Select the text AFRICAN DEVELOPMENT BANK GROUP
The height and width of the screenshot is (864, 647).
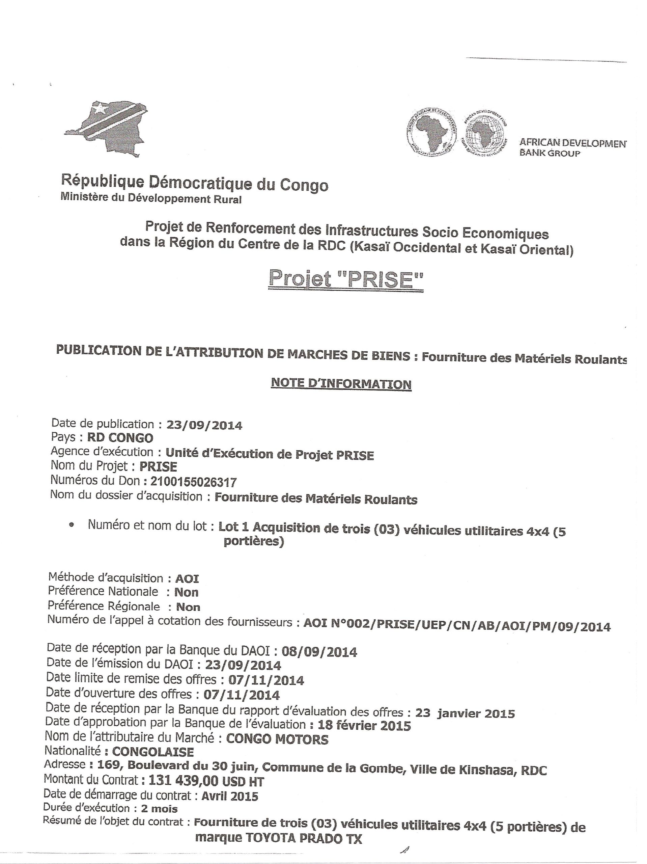(572, 147)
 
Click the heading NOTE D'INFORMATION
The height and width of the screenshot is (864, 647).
(341, 383)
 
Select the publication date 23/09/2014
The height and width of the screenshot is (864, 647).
(204, 425)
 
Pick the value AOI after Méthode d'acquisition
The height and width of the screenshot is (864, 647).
(187, 578)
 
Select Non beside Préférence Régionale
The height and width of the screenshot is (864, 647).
(188, 606)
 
